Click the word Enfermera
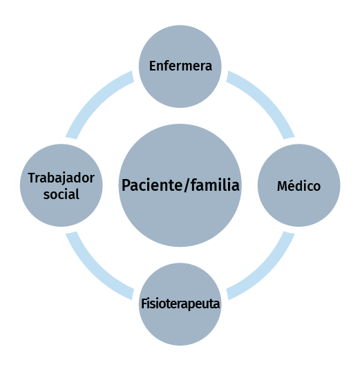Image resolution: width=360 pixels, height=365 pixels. coord(180,66)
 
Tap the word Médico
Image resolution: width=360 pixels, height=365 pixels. coord(299,186)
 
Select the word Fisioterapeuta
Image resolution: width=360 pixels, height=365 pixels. coord(180,304)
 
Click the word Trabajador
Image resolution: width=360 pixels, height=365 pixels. coord(61,178)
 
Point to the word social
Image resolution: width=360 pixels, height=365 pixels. coord(61,194)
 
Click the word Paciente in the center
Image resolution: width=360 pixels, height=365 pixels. coord(152,185)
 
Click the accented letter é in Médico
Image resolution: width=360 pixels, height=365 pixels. coord(291,186)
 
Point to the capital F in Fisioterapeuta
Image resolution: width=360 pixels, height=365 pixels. coord(144,303)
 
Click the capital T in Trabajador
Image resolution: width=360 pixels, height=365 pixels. coord(32,178)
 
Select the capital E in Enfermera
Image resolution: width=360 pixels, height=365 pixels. coord(153,66)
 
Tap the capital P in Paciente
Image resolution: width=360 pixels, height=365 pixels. coord(126,185)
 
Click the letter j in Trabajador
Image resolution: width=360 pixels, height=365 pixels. coord(66,180)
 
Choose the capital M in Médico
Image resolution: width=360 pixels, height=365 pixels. coord(282,186)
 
